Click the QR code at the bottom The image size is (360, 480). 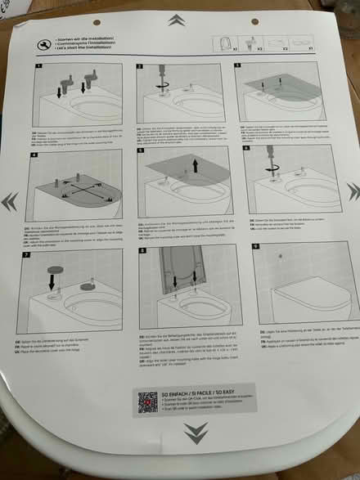click(148, 403)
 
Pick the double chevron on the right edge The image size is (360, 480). click(353, 190)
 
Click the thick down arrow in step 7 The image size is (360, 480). click(47, 283)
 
